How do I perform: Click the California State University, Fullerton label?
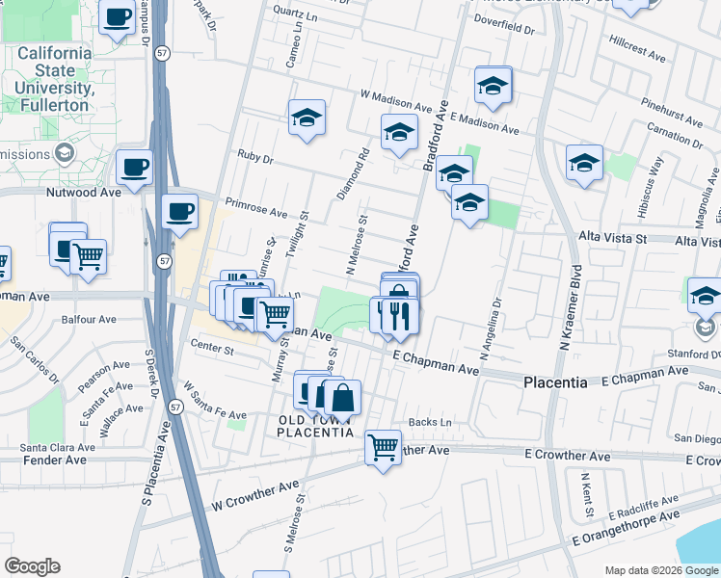point(54,71)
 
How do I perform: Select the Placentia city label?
point(555,382)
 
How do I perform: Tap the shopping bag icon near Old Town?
point(341,396)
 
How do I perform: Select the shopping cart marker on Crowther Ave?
point(384,446)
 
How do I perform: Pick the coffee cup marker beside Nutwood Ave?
point(134,167)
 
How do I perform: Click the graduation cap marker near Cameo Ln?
point(307,118)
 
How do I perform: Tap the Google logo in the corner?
point(33,565)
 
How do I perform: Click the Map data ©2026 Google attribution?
point(660,569)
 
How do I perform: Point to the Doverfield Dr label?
point(505,29)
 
